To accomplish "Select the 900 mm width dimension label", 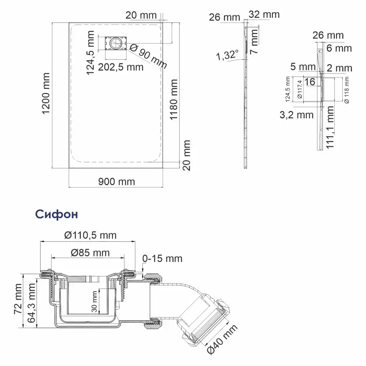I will (x=116, y=182).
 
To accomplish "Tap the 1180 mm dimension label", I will (x=173, y=99).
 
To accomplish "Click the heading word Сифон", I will (x=57, y=214).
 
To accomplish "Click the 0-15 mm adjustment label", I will (x=162, y=258).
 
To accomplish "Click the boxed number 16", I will (x=310, y=82).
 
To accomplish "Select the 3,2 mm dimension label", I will (x=297, y=115).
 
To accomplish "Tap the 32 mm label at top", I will (x=264, y=14).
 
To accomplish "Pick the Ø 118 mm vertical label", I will (x=347, y=90).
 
